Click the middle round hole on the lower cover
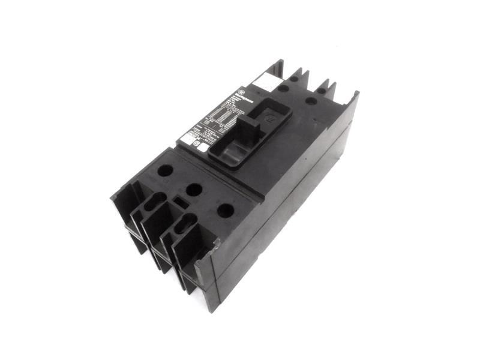[194, 190]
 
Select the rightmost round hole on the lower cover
[224, 210]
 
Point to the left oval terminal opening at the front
[153, 203]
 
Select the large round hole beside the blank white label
[283, 88]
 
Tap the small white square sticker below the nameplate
[202, 148]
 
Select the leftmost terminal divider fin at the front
[123, 198]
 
